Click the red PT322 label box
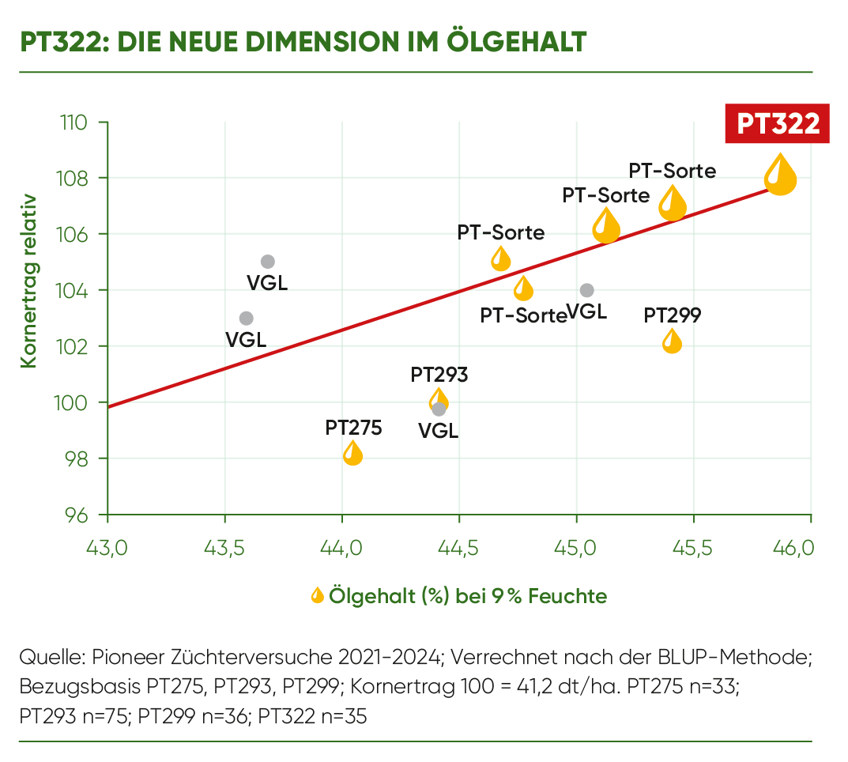click(777, 124)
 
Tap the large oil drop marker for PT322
click(780, 175)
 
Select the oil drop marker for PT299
click(672, 341)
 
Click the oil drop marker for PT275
click(353, 454)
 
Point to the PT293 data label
click(439, 375)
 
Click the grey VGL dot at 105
click(268, 262)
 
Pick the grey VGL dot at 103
click(247, 319)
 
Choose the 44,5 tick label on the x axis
click(459, 547)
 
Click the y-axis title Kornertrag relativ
click(29, 281)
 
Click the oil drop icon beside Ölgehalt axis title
click(318, 595)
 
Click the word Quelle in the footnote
click(51, 657)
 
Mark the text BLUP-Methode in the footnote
click(737, 657)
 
